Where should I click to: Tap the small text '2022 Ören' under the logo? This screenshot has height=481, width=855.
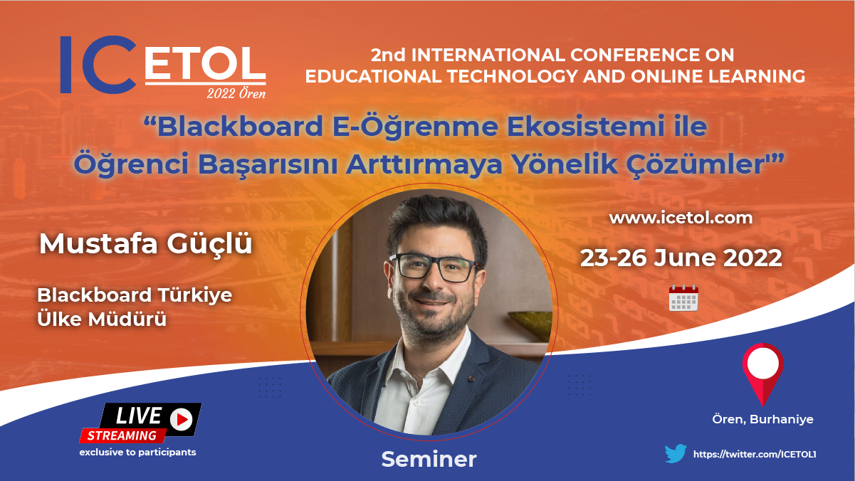pyautogui.click(x=236, y=93)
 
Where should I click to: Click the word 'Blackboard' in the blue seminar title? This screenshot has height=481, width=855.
pyautogui.click(x=241, y=126)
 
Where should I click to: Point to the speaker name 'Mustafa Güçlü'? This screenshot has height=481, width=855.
pyautogui.click(x=145, y=244)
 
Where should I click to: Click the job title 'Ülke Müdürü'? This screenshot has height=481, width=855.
pyautogui.click(x=102, y=319)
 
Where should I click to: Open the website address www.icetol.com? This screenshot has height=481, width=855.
pyautogui.click(x=681, y=218)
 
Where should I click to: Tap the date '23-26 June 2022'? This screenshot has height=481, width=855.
pyautogui.click(x=681, y=258)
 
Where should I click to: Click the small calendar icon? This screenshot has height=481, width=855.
pyautogui.click(x=683, y=298)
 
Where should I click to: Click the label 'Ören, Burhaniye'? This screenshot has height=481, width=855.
pyautogui.click(x=762, y=419)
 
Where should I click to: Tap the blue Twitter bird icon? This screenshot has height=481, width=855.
pyautogui.click(x=676, y=453)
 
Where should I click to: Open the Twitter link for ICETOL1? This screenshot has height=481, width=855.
pyautogui.click(x=755, y=454)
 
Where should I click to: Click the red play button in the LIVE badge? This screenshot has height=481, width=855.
pyautogui.click(x=182, y=420)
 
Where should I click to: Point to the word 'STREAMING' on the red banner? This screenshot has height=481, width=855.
pyautogui.click(x=122, y=435)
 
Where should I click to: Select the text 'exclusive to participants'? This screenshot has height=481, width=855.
pyautogui.click(x=137, y=453)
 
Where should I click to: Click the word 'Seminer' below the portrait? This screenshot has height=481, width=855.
pyautogui.click(x=429, y=459)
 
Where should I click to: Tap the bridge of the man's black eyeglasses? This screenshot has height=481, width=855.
pyautogui.click(x=434, y=263)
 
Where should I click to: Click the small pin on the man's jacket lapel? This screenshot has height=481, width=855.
pyautogui.click(x=472, y=379)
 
